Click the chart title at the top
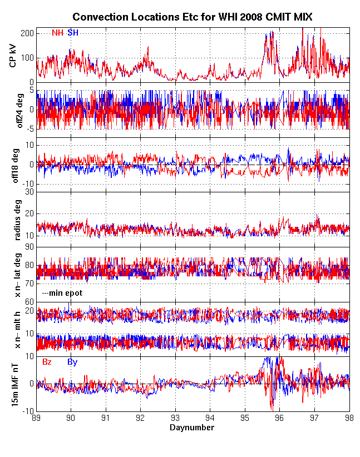coord(193,18)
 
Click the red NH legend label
coord(57,33)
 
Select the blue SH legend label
coord(73,33)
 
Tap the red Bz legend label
coord(47,362)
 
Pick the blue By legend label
coord(72,362)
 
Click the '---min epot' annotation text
coord(61,292)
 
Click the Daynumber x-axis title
coord(192,428)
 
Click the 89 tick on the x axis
coord(37,419)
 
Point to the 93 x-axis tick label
coord(175,419)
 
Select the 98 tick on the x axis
coord(349,419)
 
